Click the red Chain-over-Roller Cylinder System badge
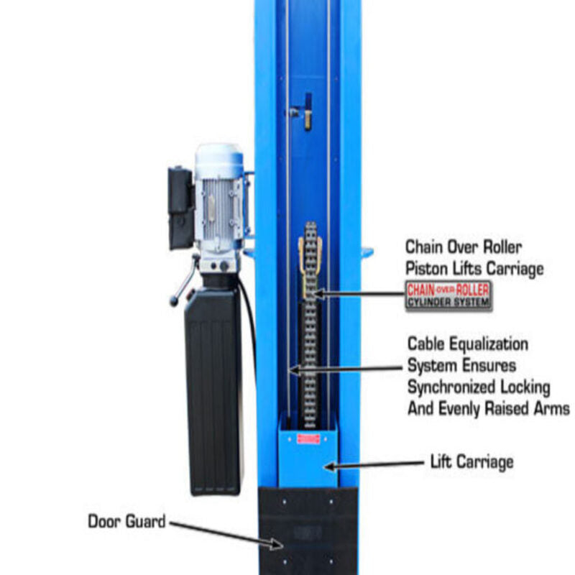click(x=448, y=296)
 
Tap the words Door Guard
click(x=127, y=521)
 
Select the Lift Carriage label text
click(x=471, y=462)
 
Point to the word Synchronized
click(x=451, y=387)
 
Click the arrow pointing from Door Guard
click(x=226, y=535)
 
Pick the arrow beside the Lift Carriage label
click(x=374, y=465)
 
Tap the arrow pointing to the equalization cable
click(x=346, y=369)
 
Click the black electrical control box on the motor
click(x=181, y=208)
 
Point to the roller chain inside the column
click(x=310, y=325)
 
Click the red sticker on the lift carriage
click(x=308, y=439)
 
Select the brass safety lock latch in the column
click(x=308, y=112)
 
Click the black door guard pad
click(x=308, y=530)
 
